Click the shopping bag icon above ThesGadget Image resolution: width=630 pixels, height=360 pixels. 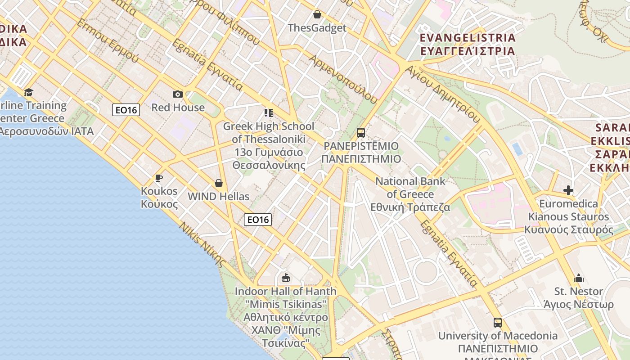pos(317,14)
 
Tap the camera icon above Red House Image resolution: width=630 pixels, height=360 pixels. pos(178,94)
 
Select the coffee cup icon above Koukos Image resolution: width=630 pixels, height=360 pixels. pos(159,178)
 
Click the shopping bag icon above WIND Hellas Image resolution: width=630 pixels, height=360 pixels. pos(219,183)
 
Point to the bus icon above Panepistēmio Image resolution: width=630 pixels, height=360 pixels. pos(361,132)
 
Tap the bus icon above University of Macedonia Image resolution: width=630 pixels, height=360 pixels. pos(498,322)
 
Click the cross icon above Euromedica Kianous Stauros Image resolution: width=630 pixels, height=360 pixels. pos(568,190)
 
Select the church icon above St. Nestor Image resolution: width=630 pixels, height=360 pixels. pos(579,278)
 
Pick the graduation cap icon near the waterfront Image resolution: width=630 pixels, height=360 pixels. pos(29,92)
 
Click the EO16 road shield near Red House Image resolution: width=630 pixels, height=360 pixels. pos(126,110)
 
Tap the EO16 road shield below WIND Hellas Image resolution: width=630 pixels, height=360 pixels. pos(258,220)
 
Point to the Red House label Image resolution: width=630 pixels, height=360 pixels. pos(178,108)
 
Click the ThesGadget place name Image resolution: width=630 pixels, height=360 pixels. pos(317,28)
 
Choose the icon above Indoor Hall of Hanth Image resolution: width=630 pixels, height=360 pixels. pos(285,278)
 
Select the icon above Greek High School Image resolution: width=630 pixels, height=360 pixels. pos(269,112)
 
